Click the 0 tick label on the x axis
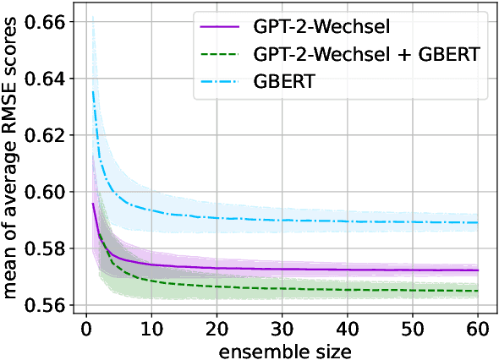click(85, 326)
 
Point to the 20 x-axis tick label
click(217, 326)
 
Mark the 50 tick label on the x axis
click(413, 326)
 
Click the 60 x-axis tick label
click(478, 326)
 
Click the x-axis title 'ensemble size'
click(282, 347)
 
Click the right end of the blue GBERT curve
click(478, 223)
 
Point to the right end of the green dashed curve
click(478, 291)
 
